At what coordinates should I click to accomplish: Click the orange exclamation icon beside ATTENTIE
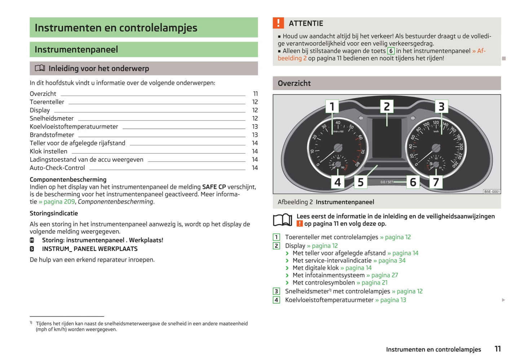[x=278, y=23]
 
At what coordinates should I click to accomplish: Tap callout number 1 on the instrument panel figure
[x=332, y=106]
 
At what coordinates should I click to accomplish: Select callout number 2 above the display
[x=387, y=106]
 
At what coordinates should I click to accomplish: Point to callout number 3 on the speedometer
[x=441, y=106]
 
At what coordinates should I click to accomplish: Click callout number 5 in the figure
[x=361, y=182]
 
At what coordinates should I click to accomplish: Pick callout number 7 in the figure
[x=436, y=182]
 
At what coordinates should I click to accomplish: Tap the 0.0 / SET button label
[x=387, y=182]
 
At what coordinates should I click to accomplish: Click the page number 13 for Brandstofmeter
[x=255, y=135]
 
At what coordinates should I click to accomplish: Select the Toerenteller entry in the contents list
[x=47, y=102]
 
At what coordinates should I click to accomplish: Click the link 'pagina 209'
[x=59, y=202]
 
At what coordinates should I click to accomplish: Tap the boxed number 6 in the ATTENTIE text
[x=391, y=51]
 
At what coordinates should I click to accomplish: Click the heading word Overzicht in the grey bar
[x=294, y=83]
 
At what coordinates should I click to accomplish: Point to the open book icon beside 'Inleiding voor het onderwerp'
[x=40, y=68]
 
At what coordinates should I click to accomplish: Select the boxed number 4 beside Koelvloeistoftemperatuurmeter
[x=277, y=300]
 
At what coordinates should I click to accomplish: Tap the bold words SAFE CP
[x=214, y=187]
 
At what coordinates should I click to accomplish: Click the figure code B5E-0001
[x=492, y=192]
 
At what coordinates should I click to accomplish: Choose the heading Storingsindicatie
[x=54, y=213]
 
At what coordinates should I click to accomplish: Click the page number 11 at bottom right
[x=498, y=349]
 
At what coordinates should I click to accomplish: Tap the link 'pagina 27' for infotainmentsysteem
[x=384, y=275]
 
